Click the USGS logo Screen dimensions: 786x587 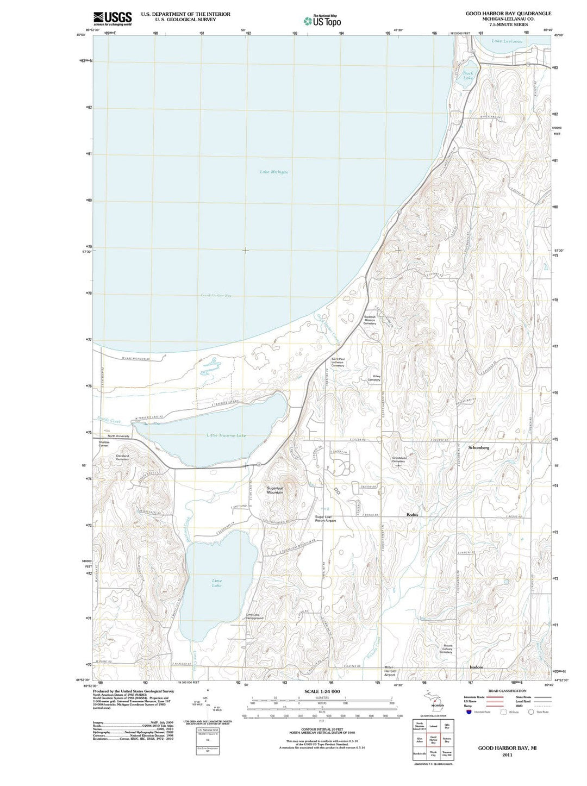112,18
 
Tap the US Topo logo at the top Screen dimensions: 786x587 323,21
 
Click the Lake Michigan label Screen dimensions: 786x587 274,172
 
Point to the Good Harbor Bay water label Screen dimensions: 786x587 216,295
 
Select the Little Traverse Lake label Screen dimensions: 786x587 226,435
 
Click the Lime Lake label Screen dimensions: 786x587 217,583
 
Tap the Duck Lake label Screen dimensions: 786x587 468,76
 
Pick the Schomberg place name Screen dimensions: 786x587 479,447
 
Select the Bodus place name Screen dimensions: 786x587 412,514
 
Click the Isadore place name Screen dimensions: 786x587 476,666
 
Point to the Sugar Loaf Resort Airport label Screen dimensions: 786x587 326,519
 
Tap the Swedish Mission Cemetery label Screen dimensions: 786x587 370,320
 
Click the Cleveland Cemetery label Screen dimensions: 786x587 122,457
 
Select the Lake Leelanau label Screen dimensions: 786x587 507,41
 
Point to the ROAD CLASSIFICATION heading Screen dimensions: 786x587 507,691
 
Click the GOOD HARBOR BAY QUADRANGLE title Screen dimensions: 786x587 508,13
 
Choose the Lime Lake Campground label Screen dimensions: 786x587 255,616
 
